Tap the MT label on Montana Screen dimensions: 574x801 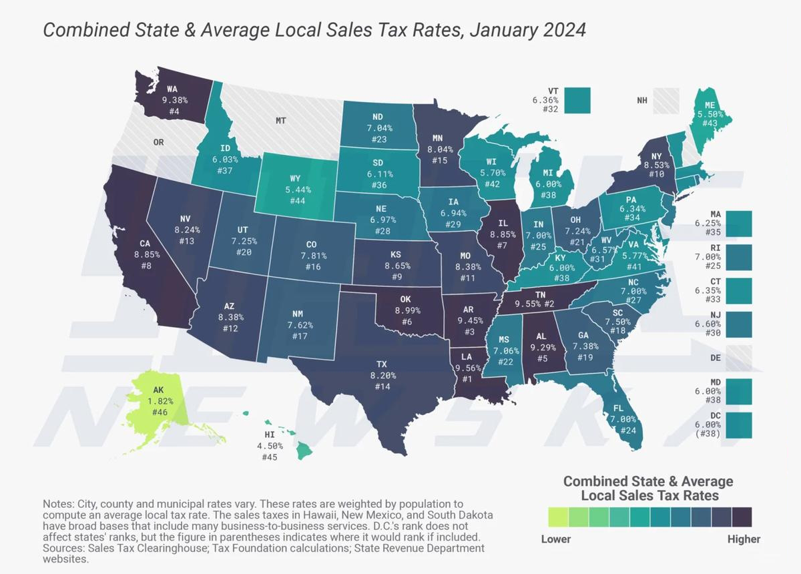click(x=280, y=121)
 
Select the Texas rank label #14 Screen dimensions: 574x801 click(x=382, y=387)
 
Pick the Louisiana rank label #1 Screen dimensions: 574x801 click(x=467, y=379)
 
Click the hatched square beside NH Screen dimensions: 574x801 click(x=666, y=101)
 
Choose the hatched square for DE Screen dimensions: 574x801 click(x=739, y=358)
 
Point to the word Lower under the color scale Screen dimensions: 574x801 click(x=555, y=539)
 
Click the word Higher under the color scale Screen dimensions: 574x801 click(x=744, y=539)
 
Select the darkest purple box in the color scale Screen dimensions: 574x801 click(x=742, y=517)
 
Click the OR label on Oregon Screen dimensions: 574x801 click(x=159, y=142)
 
